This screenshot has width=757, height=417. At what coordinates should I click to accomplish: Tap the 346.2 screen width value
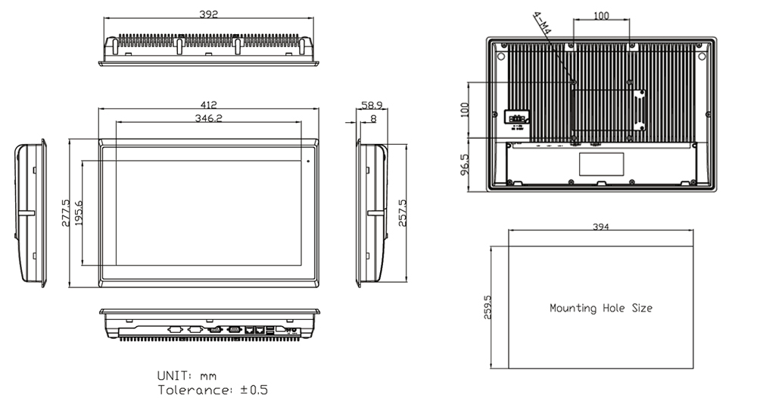[x=208, y=118]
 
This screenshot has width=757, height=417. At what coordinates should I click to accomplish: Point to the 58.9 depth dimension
[x=371, y=105]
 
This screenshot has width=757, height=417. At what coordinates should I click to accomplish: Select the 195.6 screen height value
[x=77, y=213]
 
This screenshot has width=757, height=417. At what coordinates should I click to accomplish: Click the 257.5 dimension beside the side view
[x=403, y=213]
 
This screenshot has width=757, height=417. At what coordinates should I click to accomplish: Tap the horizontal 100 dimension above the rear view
[x=601, y=15]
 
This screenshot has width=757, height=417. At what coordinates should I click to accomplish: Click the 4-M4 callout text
[x=542, y=24]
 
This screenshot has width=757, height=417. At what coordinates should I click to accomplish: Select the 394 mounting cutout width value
[x=601, y=227]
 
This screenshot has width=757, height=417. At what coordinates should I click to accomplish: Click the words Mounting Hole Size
[x=600, y=309]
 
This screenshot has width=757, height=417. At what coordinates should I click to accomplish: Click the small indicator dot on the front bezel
[x=309, y=161]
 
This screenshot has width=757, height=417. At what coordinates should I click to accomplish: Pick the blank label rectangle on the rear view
[x=601, y=162]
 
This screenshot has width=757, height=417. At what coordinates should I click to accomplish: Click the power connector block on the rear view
[x=517, y=118]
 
